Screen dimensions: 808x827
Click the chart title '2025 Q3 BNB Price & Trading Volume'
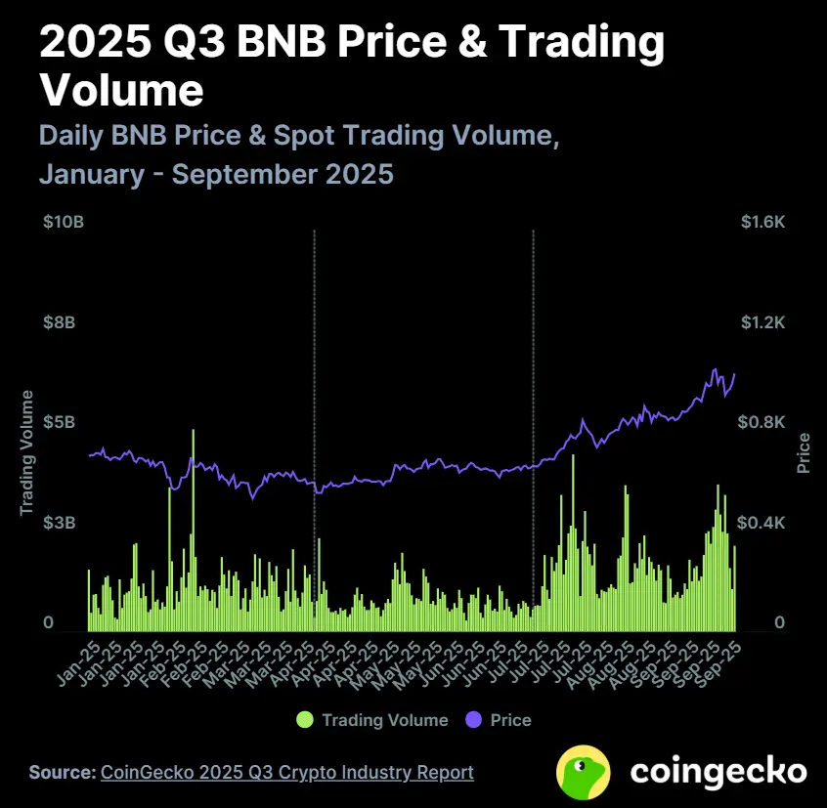(x=352, y=66)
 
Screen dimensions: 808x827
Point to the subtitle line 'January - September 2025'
(x=216, y=175)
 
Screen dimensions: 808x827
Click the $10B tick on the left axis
(x=64, y=223)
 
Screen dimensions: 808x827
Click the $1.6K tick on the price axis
(x=763, y=223)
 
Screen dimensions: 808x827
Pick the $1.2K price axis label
(x=763, y=323)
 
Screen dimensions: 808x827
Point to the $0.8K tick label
(x=763, y=423)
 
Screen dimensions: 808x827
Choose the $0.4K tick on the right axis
(x=763, y=524)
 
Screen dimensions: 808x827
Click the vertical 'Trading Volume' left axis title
(x=27, y=452)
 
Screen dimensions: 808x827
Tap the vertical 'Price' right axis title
(x=804, y=452)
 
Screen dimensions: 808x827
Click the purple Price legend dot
(x=474, y=720)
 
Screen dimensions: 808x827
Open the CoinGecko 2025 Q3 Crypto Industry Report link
(x=287, y=772)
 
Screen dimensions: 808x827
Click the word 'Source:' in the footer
(x=63, y=772)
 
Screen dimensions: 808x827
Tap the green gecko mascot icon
(x=584, y=772)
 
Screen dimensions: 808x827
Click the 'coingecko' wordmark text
(x=718, y=772)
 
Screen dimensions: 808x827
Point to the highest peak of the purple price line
(x=716, y=369)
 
